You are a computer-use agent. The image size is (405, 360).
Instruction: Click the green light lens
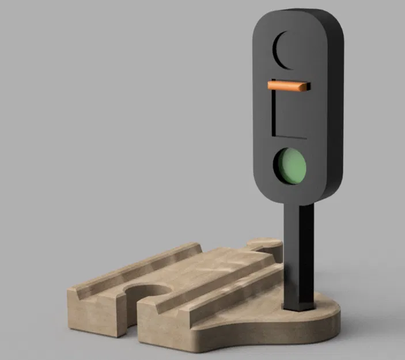(x=289, y=165)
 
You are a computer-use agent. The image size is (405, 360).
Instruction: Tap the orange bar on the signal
(x=288, y=86)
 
